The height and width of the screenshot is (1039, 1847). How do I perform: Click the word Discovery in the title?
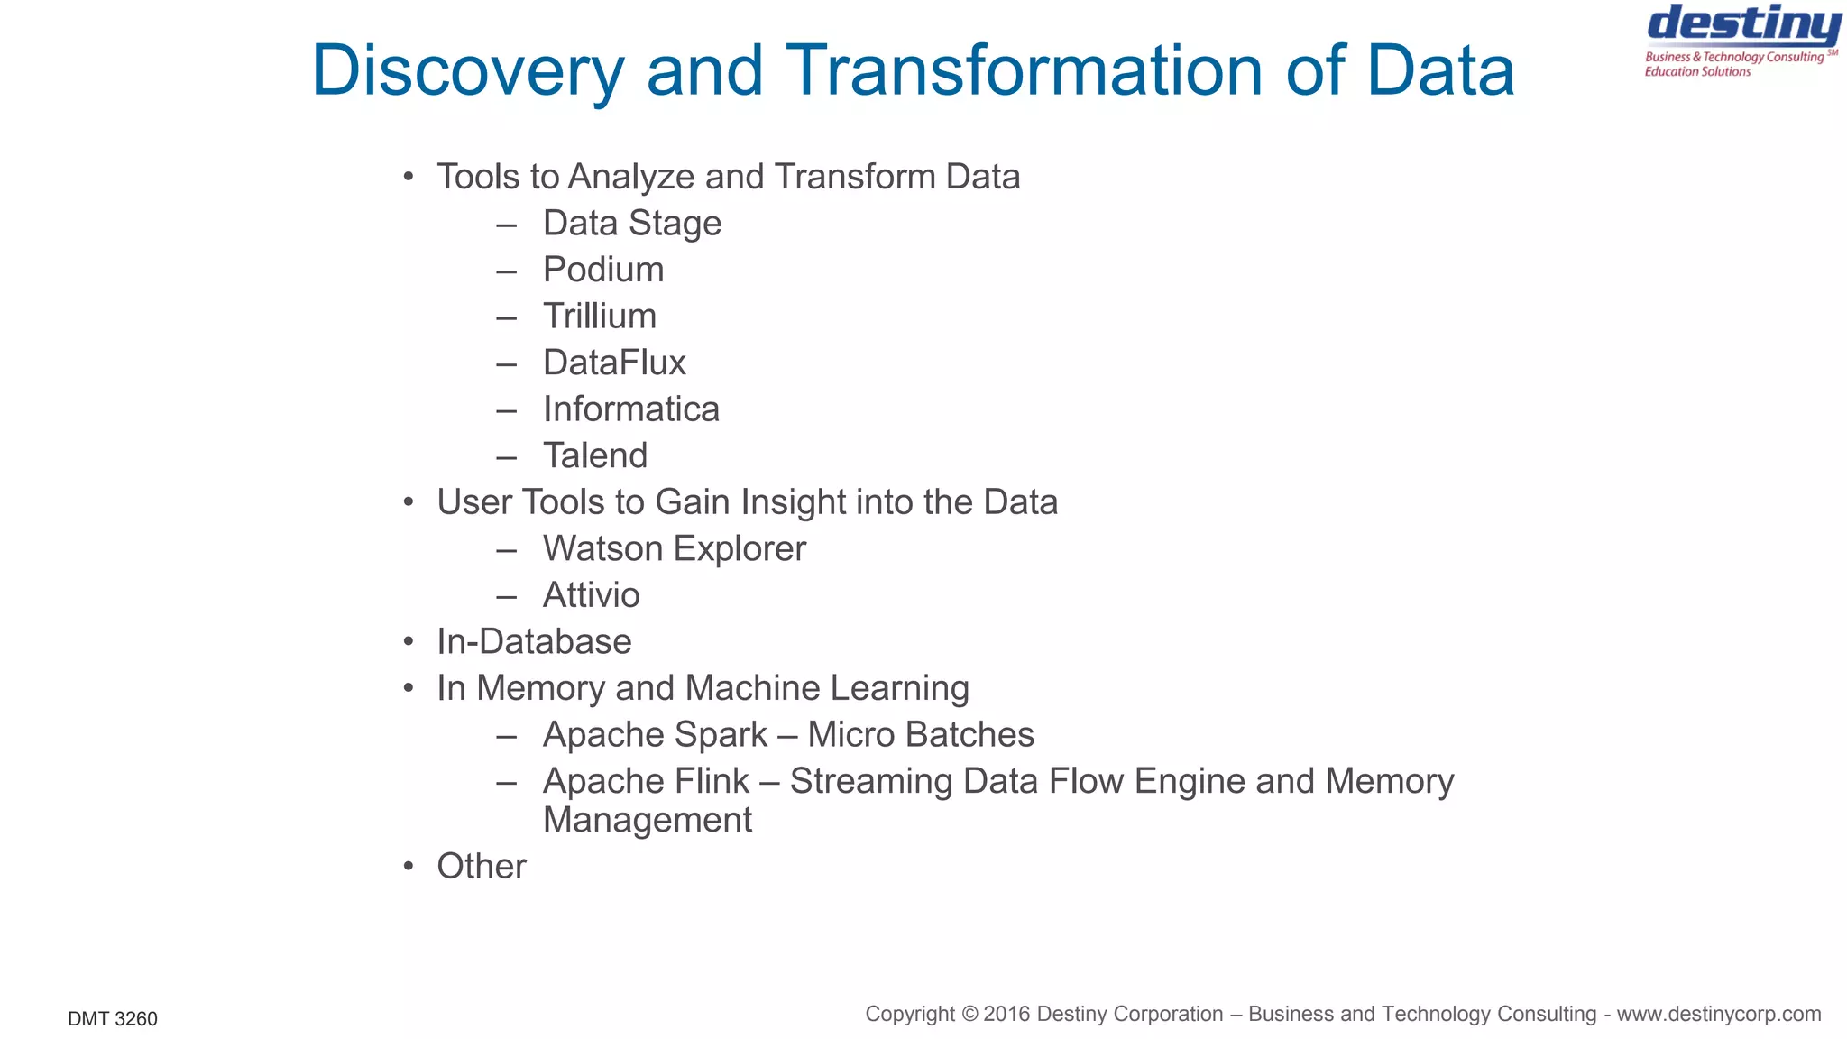467,70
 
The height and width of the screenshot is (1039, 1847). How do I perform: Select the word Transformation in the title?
1025,70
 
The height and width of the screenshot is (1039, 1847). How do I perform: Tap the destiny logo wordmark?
1744,25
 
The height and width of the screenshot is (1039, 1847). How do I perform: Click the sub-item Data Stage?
631,223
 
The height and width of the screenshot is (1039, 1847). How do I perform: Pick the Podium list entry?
603,270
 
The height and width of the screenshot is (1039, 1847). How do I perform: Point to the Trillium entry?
600,317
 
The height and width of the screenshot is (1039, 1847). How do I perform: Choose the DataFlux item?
614,363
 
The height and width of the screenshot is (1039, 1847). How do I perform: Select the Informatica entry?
631,409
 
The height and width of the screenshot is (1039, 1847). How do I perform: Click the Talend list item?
595,455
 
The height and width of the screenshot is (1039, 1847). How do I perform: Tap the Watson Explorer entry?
675,548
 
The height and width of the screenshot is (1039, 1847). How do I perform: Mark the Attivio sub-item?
592,595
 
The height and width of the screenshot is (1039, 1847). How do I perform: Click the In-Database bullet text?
534,641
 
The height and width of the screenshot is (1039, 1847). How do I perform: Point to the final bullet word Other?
482,866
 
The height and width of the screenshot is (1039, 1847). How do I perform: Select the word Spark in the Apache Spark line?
721,735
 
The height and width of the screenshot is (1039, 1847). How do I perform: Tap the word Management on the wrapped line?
648,820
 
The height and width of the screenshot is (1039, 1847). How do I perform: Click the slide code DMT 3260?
113,1019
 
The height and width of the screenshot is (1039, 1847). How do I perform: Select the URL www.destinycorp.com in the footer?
1719,1014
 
